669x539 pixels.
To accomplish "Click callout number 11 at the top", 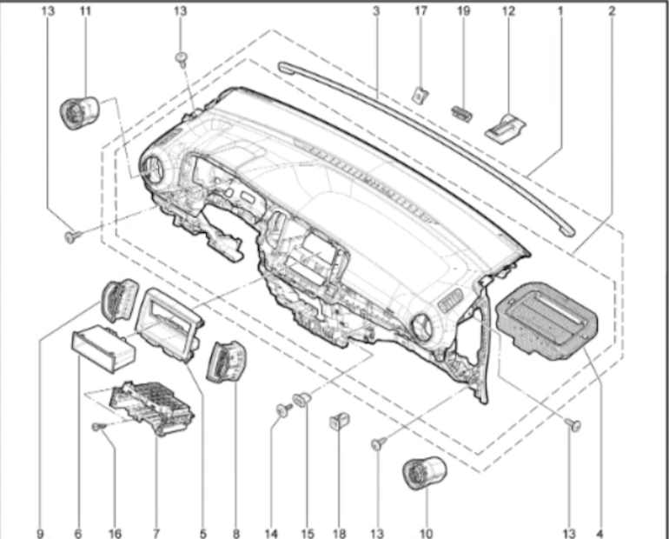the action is click(x=86, y=10).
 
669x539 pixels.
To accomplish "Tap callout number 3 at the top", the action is click(x=376, y=10).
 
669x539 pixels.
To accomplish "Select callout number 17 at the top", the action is click(x=421, y=10).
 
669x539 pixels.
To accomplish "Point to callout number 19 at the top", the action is click(x=464, y=10).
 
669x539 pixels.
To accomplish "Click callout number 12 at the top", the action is click(x=508, y=10).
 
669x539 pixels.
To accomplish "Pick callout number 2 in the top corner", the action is click(x=612, y=10).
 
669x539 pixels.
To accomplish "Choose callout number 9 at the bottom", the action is click(x=40, y=534).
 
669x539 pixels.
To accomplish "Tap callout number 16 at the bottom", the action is click(x=115, y=534).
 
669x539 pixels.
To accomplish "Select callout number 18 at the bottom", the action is click(x=339, y=534).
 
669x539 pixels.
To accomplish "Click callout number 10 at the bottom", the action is click(x=427, y=534).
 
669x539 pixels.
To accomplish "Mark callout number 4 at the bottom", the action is click(x=599, y=534).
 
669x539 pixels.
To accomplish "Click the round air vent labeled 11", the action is click(x=79, y=112).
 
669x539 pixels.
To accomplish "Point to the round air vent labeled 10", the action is click(x=425, y=472).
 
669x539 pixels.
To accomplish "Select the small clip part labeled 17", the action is click(x=421, y=95).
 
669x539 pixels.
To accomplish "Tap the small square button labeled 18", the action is click(x=340, y=421).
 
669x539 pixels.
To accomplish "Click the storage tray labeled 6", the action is click(x=103, y=349).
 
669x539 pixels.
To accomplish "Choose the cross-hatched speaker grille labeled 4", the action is click(x=547, y=318).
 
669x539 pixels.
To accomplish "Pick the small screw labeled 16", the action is click(x=98, y=426).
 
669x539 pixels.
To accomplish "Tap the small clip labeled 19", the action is click(x=461, y=114).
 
